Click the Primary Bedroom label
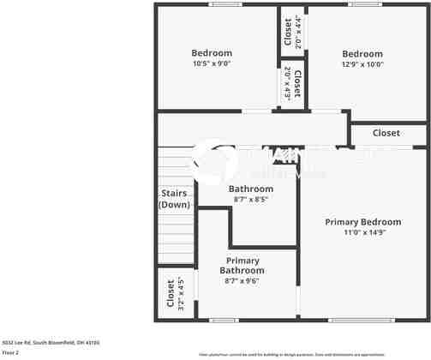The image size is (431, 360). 362,222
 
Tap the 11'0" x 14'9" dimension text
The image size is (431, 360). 362,232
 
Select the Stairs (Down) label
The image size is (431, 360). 175,200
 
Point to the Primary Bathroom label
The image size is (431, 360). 242,265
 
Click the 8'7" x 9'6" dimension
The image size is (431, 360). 242,280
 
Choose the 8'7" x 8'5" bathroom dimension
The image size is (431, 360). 251,199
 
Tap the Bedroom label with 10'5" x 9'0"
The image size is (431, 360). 211,53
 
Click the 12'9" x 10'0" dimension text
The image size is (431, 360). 362,63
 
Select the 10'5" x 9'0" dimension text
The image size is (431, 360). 211,63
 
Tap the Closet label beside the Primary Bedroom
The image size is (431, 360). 386,133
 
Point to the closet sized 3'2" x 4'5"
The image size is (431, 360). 175,294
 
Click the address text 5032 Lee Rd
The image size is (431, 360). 51,342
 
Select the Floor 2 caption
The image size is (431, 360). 11,352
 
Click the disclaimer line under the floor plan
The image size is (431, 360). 315,354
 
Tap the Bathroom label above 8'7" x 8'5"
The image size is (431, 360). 251,189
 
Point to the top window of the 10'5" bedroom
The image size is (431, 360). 224,4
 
